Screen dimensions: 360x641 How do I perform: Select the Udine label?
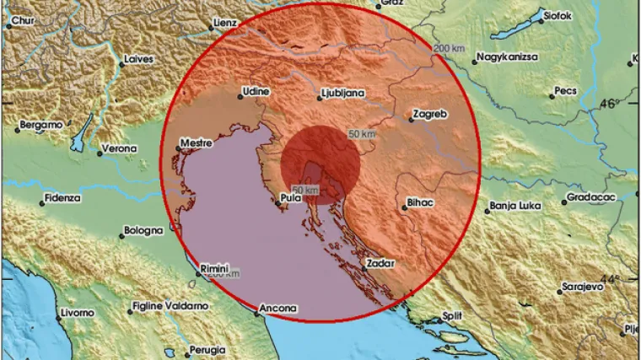point(256,91)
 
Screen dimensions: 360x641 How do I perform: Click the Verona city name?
point(118,148)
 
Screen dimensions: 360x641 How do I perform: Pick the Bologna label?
point(143,230)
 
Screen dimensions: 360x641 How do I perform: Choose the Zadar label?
point(380,264)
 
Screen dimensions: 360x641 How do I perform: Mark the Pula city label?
point(290,200)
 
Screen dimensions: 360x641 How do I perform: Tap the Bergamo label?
point(40,125)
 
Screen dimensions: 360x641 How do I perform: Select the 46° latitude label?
point(608,103)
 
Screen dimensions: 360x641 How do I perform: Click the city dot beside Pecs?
point(552,96)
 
